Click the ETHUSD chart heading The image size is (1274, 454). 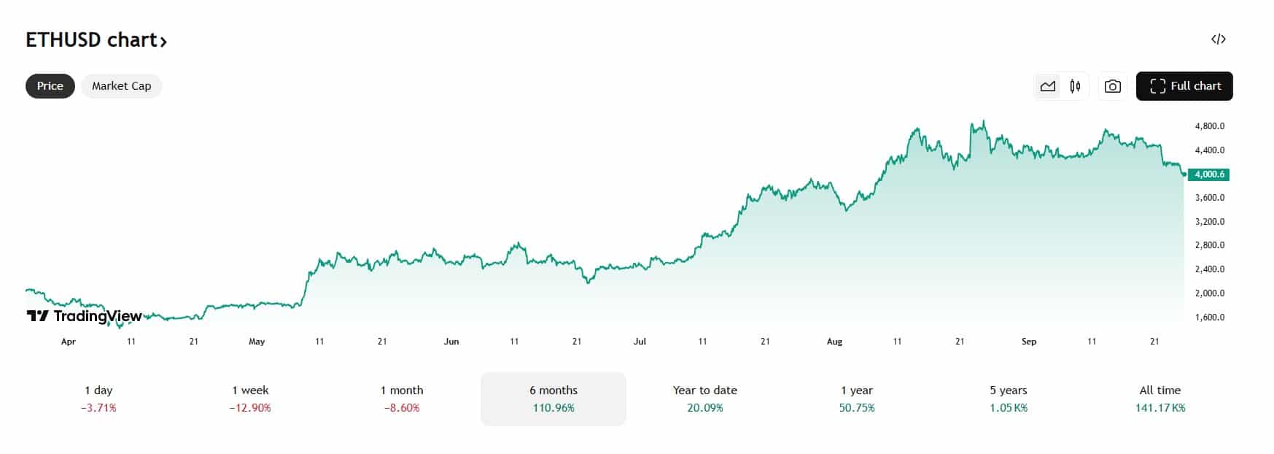pyautogui.click(x=96, y=40)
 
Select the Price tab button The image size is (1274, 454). pyautogui.click(x=50, y=86)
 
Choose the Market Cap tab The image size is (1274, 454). pyautogui.click(x=121, y=86)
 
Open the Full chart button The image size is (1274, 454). pyautogui.click(x=1184, y=86)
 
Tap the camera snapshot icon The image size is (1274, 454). pyautogui.click(x=1112, y=86)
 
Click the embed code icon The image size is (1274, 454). pyautogui.click(x=1218, y=39)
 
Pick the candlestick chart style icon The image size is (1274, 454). pyautogui.click(x=1075, y=86)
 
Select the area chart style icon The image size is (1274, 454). pyautogui.click(x=1048, y=86)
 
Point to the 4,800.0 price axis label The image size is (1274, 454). pyautogui.click(x=1209, y=126)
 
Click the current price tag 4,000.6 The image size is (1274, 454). pyautogui.click(x=1208, y=174)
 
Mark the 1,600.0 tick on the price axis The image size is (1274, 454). pyautogui.click(x=1209, y=318)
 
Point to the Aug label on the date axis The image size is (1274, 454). pyautogui.click(x=834, y=342)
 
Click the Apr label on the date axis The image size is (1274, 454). pyautogui.click(x=69, y=342)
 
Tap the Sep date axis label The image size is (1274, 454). pyautogui.click(x=1029, y=342)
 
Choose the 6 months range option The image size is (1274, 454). pyautogui.click(x=553, y=399)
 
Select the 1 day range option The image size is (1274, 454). pyautogui.click(x=98, y=399)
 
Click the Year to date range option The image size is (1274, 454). pyautogui.click(x=704, y=399)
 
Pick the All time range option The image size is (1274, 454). pyautogui.click(x=1160, y=399)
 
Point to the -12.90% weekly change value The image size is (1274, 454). pyautogui.click(x=250, y=408)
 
